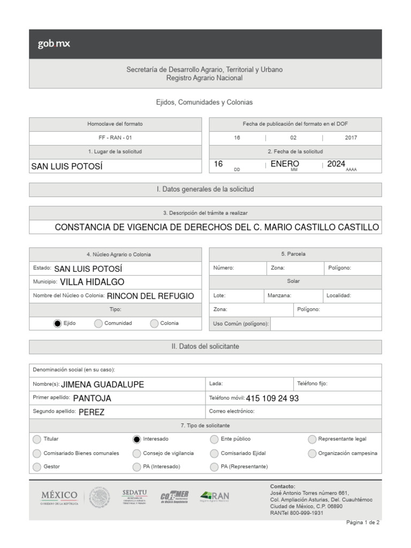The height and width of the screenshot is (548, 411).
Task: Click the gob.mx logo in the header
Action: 54,44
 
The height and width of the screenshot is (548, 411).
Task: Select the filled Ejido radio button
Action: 58,323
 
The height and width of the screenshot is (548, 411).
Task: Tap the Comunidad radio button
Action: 98,323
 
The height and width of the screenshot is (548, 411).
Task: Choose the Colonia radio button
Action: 154,323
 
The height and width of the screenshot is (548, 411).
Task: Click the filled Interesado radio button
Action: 136,439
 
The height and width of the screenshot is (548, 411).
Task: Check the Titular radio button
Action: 37,439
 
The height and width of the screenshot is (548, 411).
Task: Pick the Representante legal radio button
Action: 312,439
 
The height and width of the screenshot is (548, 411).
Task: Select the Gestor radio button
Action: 37,467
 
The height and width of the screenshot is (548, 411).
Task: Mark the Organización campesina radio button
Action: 312,453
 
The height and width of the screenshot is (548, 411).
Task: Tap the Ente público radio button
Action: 214,439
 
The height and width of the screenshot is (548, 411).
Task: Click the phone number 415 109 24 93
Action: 272,398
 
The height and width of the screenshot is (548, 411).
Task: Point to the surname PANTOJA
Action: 92,398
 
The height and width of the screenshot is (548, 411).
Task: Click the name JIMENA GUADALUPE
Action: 103,384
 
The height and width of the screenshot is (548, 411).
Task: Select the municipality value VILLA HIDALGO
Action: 92,282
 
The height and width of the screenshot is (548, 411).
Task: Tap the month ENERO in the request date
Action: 285,164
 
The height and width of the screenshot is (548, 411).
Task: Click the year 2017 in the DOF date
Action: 351,138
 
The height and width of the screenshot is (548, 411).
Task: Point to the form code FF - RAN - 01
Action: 115,138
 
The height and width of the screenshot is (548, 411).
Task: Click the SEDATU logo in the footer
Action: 134,497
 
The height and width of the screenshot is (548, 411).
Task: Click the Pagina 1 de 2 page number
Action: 363,522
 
